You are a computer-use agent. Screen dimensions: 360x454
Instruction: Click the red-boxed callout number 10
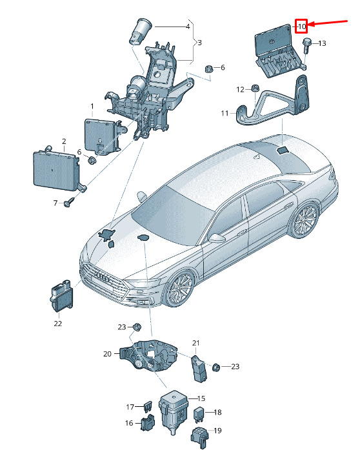click(x=301, y=26)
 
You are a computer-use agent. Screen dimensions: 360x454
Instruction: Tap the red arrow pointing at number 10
click(x=327, y=23)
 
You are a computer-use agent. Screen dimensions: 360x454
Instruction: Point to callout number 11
click(x=225, y=113)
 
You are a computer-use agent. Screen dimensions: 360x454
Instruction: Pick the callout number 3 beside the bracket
click(x=199, y=43)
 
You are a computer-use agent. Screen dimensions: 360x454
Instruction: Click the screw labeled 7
click(x=70, y=202)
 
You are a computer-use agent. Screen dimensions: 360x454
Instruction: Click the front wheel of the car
click(x=179, y=289)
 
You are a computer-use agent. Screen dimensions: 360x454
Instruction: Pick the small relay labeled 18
click(x=199, y=412)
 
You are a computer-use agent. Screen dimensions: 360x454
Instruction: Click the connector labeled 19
click(x=199, y=437)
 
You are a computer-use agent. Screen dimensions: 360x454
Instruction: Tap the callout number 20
click(x=107, y=354)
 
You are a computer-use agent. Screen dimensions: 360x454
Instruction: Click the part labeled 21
click(x=199, y=368)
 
